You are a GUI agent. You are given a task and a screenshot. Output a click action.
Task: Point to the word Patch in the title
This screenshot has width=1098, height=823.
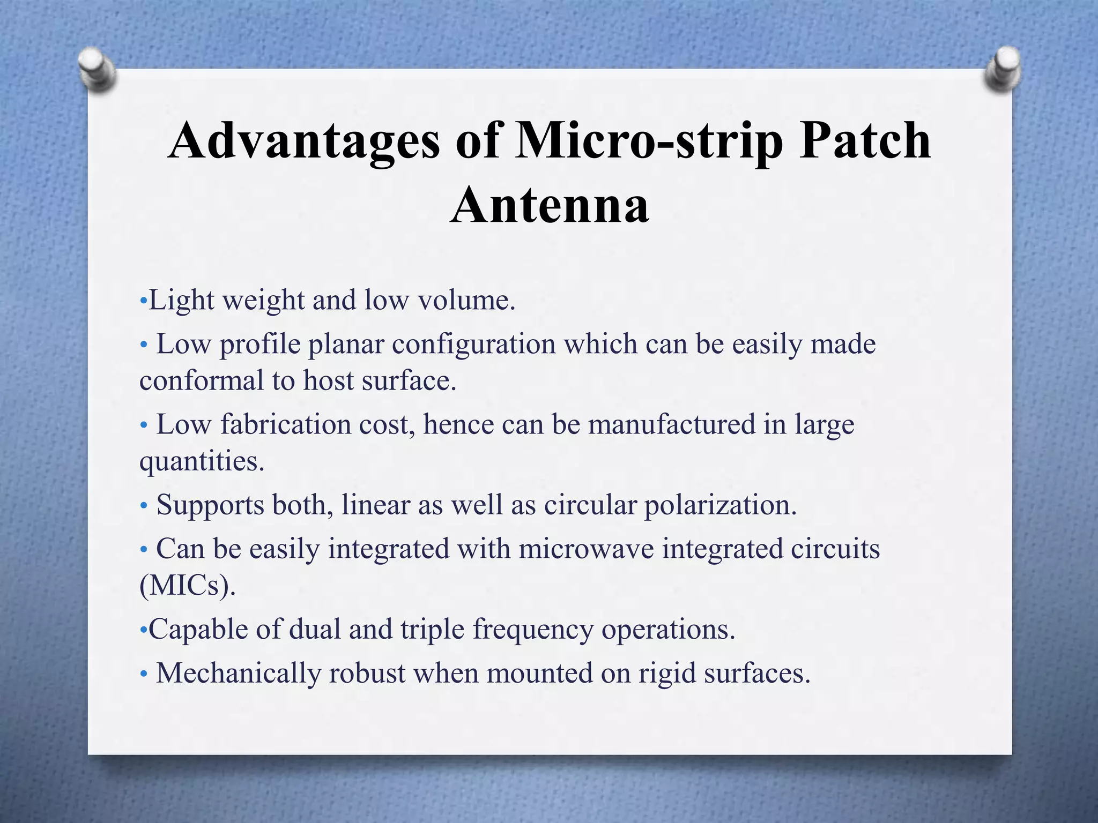click(x=865, y=141)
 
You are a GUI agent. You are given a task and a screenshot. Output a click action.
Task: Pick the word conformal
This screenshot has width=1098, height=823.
click(x=202, y=381)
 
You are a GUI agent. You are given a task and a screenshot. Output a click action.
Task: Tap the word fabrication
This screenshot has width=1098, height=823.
click(x=285, y=424)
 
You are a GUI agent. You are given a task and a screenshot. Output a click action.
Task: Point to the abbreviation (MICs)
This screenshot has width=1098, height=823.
click(x=187, y=586)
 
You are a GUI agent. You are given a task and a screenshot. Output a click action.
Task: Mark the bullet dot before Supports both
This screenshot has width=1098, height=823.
click(x=143, y=506)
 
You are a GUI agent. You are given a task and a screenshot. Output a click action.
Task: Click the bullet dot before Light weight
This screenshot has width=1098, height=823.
click(x=142, y=301)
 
